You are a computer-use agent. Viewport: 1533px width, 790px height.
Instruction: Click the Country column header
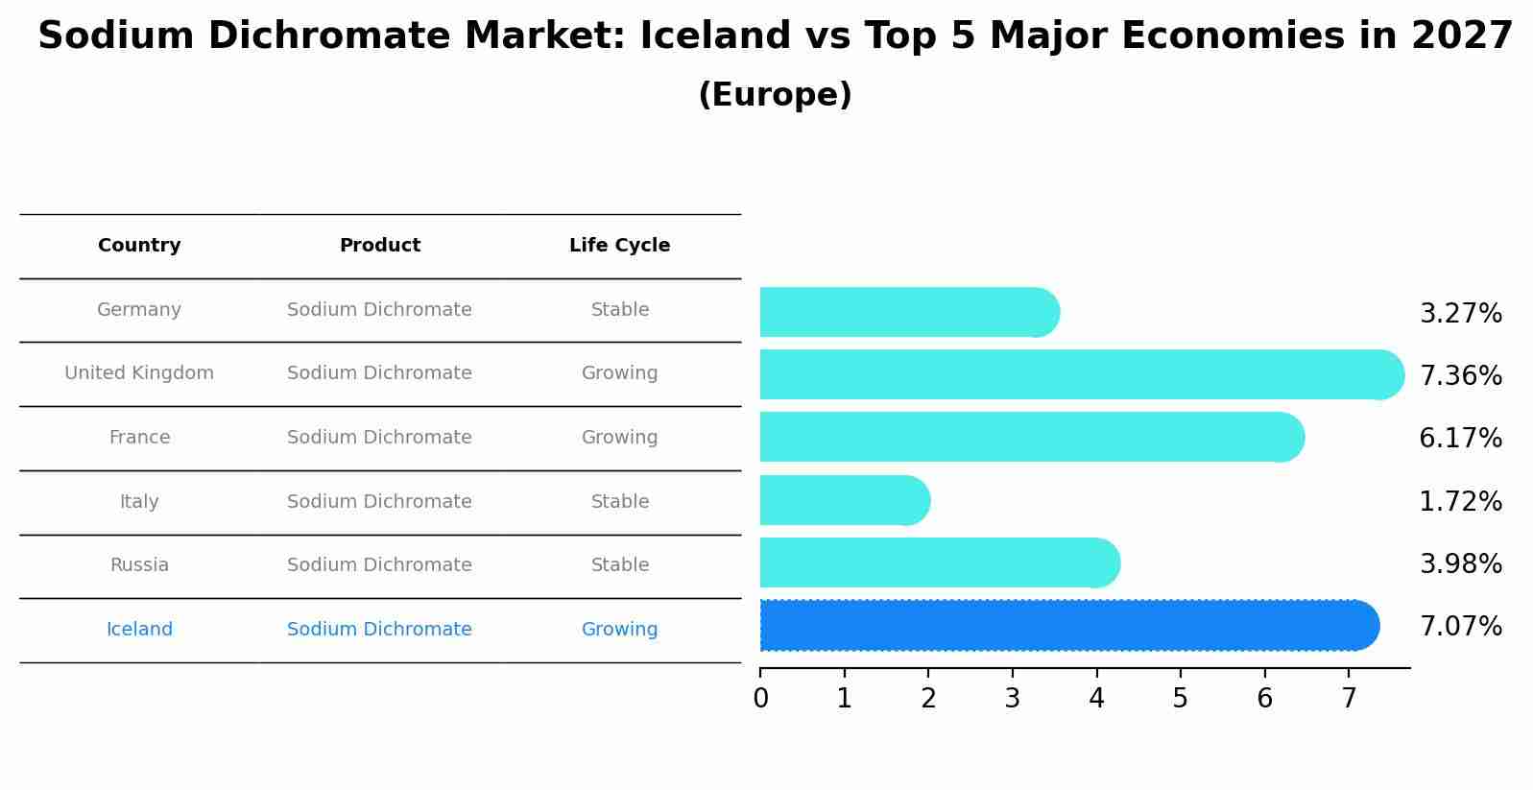click(x=139, y=246)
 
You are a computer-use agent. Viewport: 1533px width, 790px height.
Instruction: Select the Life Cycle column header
click(x=619, y=246)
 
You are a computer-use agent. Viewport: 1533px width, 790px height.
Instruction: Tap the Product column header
click(x=379, y=246)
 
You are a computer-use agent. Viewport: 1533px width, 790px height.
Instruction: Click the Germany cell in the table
click(x=139, y=310)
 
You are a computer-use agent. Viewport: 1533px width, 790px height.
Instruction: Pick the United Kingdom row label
click(x=139, y=373)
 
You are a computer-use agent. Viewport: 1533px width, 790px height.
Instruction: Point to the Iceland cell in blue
click(x=139, y=630)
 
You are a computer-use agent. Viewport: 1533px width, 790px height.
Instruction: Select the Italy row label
click(x=139, y=502)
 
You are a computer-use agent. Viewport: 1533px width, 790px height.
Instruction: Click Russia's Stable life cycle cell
click(x=619, y=565)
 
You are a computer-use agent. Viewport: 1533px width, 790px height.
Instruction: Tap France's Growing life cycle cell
click(x=619, y=438)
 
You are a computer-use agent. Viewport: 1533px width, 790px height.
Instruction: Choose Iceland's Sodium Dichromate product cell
click(x=379, y=630)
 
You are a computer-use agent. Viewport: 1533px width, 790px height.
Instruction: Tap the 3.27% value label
click(x=1460, y=314)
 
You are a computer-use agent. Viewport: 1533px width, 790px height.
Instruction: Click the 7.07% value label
click(x=1460, y=627)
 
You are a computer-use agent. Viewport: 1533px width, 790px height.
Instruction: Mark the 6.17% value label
click(x=1460, y=439)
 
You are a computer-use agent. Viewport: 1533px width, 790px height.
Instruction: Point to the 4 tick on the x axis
click(x=1096, y=699)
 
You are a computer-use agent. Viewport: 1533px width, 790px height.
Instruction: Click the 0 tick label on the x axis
click(x=760, y=699)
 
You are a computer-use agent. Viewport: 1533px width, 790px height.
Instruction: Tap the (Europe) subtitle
click(x=775, y=95)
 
